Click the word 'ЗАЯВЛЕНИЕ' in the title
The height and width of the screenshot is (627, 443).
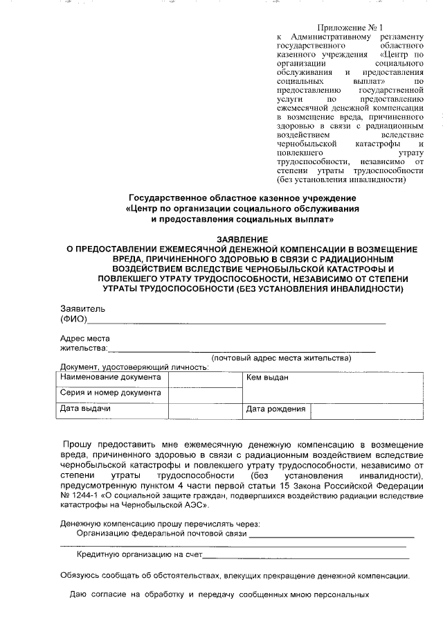[222, 239]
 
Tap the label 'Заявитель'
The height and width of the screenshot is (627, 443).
[82, 308]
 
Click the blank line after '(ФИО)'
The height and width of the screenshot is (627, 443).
[235, 320]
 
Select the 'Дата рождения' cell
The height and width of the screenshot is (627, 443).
[275, 409]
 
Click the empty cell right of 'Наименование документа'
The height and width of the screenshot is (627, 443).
[204, 378]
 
